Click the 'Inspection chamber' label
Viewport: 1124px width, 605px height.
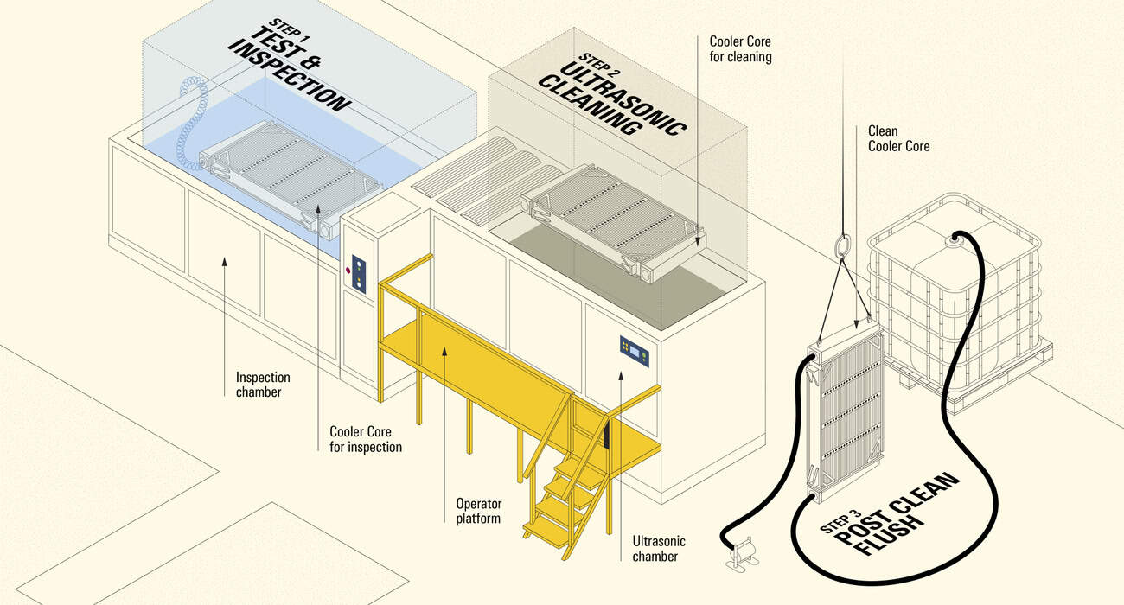pos(263,385)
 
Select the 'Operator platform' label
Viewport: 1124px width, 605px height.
pos(478,511)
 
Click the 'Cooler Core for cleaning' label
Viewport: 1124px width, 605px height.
pos(740,49)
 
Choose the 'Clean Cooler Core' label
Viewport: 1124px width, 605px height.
pos(898,138)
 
